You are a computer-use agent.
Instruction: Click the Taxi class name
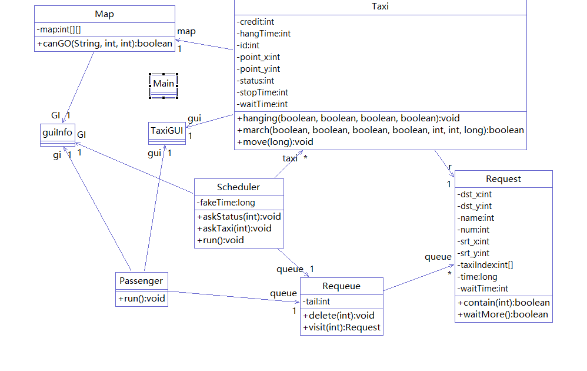(381, 7)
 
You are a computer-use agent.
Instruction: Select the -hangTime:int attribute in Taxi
(265, 34)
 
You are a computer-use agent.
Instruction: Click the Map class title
(104, 14)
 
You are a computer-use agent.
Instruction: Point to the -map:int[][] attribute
(58, 29)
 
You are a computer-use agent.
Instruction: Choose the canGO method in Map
(105, 43)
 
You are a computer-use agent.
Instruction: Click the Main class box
(164, 84)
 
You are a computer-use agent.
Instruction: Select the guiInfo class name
(58, 132)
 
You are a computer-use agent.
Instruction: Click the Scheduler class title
(238, 187)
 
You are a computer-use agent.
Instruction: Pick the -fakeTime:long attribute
(226, 203)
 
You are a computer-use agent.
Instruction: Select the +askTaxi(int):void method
(234, 228)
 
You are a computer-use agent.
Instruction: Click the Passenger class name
(141, 280)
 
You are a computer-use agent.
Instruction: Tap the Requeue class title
(341, 286)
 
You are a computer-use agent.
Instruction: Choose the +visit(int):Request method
(342, 327)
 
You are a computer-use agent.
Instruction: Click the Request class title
(503, 179)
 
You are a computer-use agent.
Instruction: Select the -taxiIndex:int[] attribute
(485, 265)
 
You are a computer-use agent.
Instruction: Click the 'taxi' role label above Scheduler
(290, 158)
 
